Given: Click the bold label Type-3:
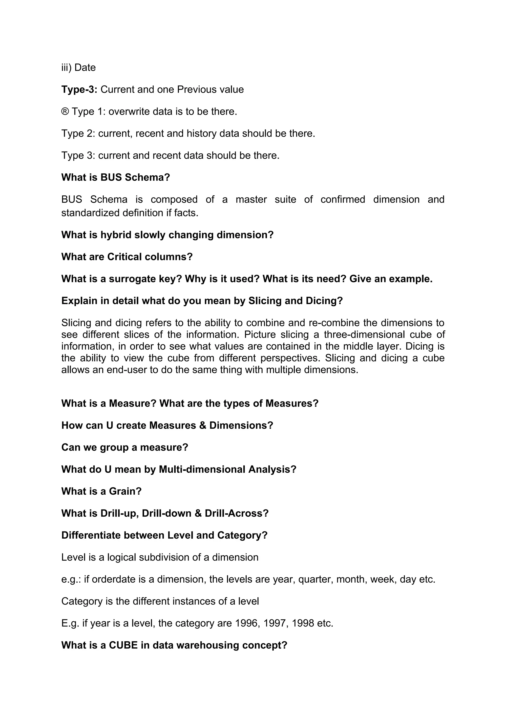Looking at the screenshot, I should (x=79, y=89).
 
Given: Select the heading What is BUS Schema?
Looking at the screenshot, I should (x=115, y=177).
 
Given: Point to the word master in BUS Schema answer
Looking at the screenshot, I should (x=251, y=199).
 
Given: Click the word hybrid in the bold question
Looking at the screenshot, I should (x=116, y=234).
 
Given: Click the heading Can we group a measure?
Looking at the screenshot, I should (x=125, y=447).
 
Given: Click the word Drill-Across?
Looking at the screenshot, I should (x=237, y=513).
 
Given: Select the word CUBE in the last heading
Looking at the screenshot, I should (x=123, y=645).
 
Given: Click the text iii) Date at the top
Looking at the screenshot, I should (x=79, y=67).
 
